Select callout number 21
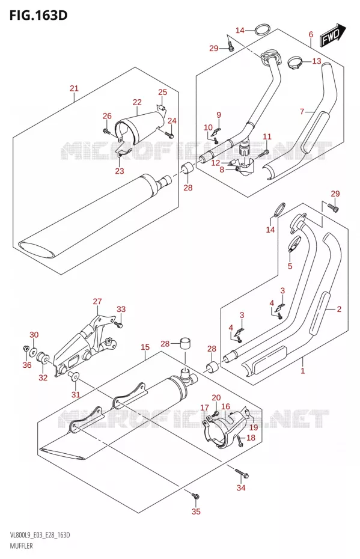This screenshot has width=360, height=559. pos(74,88)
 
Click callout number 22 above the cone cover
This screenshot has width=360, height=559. pos(137,102)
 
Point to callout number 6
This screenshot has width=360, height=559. pos(311,34)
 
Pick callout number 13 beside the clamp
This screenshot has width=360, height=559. pos(317,61)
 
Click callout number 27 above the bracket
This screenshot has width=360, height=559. pos(97,301)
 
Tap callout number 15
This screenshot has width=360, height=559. pos(145,347)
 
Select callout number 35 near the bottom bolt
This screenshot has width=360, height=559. pos(196,512)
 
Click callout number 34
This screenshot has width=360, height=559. pos(241,487)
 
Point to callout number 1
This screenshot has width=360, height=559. pos(303,371)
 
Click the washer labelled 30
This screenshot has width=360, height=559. pos(34,352)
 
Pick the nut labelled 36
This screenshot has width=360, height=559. pos(26,347)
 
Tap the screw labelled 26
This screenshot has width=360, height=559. pos(106,131)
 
